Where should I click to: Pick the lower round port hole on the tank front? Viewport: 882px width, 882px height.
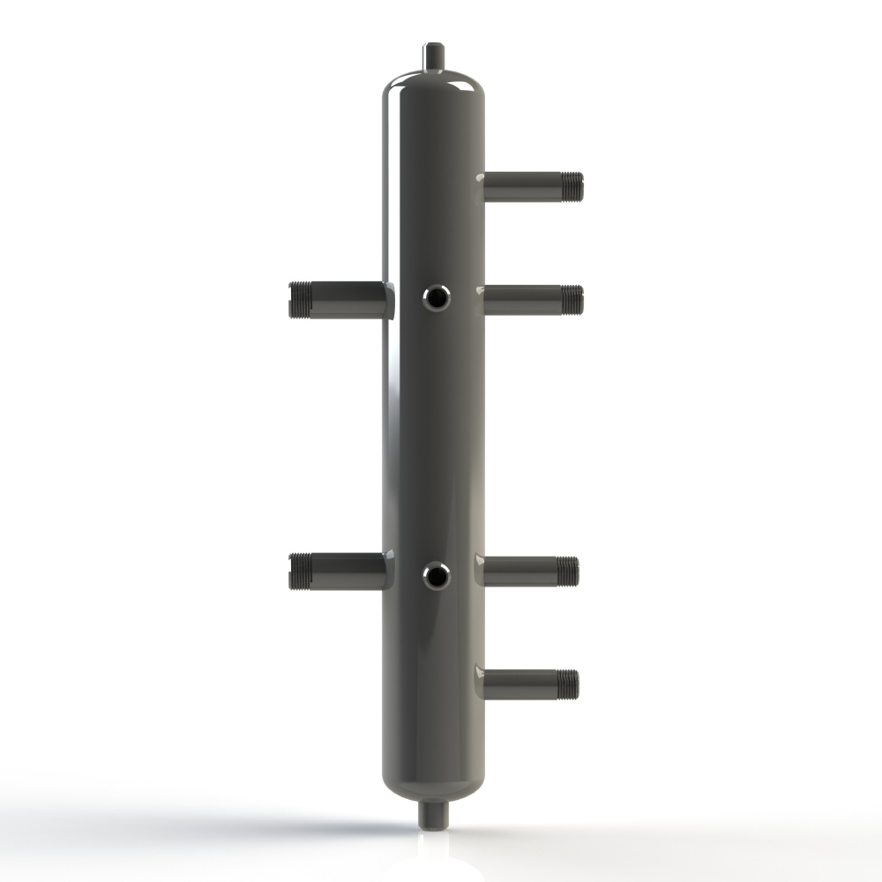(435, 577)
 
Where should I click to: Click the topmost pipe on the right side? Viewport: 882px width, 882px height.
(529, 186)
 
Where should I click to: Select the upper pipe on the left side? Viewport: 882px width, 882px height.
(340, 299)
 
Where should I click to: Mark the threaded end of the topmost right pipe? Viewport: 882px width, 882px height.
(573, 186)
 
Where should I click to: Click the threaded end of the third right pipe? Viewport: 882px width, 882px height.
(570, 571)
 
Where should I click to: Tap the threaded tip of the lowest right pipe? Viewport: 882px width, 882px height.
(570, 683)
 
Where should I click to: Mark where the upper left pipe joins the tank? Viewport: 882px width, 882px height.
(385, 299)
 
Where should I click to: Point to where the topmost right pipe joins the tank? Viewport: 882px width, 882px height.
(483, 186)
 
